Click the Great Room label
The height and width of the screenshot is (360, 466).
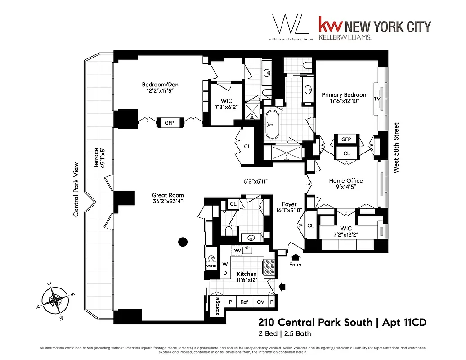[x=168, y=195]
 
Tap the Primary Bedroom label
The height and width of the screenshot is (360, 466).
[x=344, y=95]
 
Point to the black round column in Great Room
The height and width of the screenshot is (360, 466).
[x=182, y=242]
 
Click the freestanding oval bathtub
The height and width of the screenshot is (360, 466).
[x=272, y=124]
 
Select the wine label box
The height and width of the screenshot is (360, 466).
[x=211, y=265]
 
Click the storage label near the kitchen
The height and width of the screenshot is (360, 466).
[x=217, y=306]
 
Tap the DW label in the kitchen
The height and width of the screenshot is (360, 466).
[x=236, y=251]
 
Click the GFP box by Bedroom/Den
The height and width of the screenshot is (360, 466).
[x=169, y=123]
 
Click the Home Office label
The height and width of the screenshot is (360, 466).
[x=345, y=181]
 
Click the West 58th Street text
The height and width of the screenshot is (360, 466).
[x=396, y=148]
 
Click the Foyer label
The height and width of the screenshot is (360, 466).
[x=289, y=204]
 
